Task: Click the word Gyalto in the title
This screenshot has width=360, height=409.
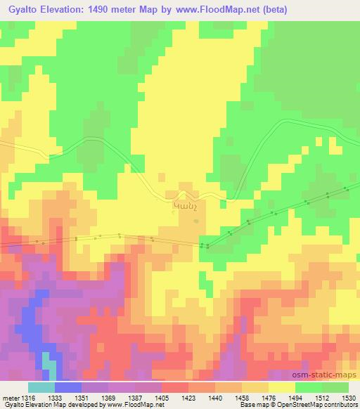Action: [23, 8]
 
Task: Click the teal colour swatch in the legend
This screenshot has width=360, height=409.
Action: [41, 388]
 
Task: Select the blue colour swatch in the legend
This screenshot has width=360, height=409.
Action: [67, 388]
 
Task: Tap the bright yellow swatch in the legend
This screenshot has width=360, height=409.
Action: [281, 388]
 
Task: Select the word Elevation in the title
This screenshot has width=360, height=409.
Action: [67, 8]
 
